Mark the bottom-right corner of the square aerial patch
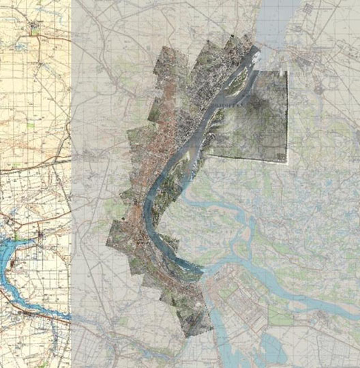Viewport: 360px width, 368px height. [x=287, y=162]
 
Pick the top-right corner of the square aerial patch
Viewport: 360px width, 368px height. [x=287, y=71]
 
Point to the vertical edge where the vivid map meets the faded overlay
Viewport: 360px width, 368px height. [x=71, y=184]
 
